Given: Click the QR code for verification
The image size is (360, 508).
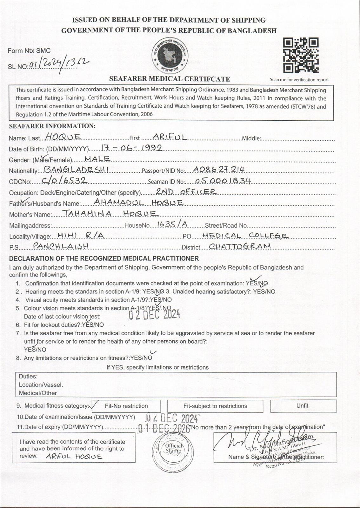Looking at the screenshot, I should point(301,55).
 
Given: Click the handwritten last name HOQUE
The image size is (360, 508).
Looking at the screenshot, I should point(63,137).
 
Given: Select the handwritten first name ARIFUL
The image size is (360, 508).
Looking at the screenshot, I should point(170,137).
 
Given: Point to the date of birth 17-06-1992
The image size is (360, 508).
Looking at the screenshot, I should point(131,147).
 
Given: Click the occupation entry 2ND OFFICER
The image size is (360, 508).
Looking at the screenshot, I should point(186,191).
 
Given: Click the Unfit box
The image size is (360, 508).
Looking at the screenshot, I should point(303,406).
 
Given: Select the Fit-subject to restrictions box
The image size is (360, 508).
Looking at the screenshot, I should point(215,406).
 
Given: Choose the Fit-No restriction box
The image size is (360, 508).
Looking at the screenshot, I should point(126,406).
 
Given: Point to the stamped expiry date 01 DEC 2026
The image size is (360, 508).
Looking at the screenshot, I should point(164,428).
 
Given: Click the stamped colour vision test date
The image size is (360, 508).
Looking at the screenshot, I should point(154,314).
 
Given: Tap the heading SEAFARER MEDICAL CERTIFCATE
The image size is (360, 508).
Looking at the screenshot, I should point(170,79).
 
